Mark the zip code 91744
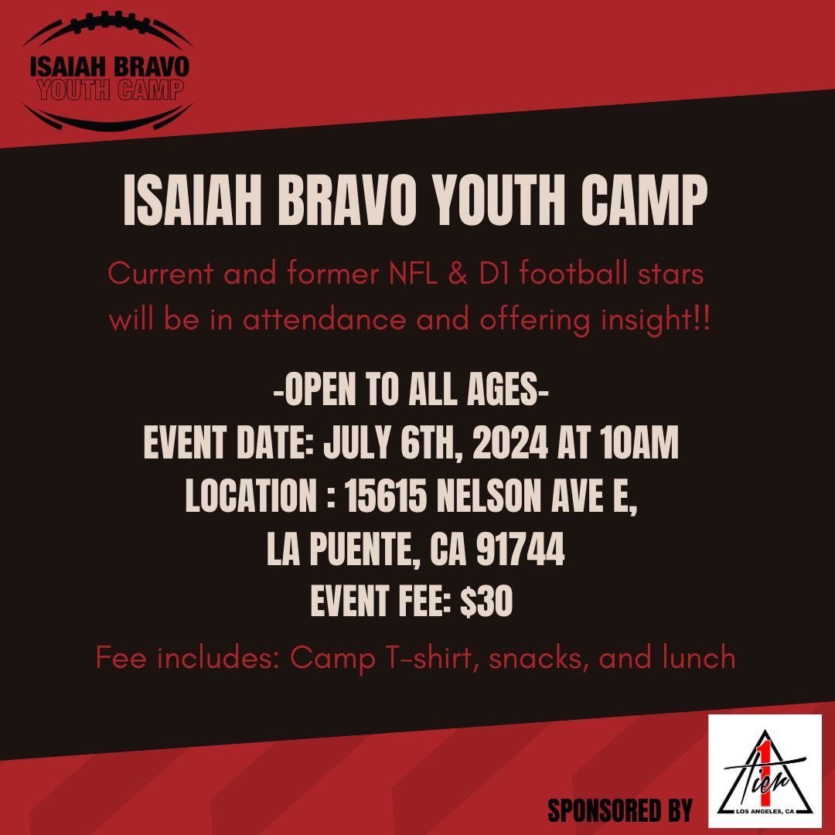pos(520,551)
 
